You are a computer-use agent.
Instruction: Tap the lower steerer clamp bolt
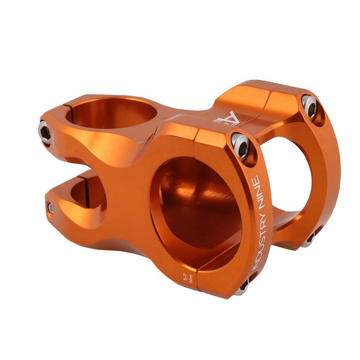coord(50,208)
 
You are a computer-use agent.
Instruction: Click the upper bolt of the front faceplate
coord(241,146)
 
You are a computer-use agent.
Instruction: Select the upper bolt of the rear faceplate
coord(310,105)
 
